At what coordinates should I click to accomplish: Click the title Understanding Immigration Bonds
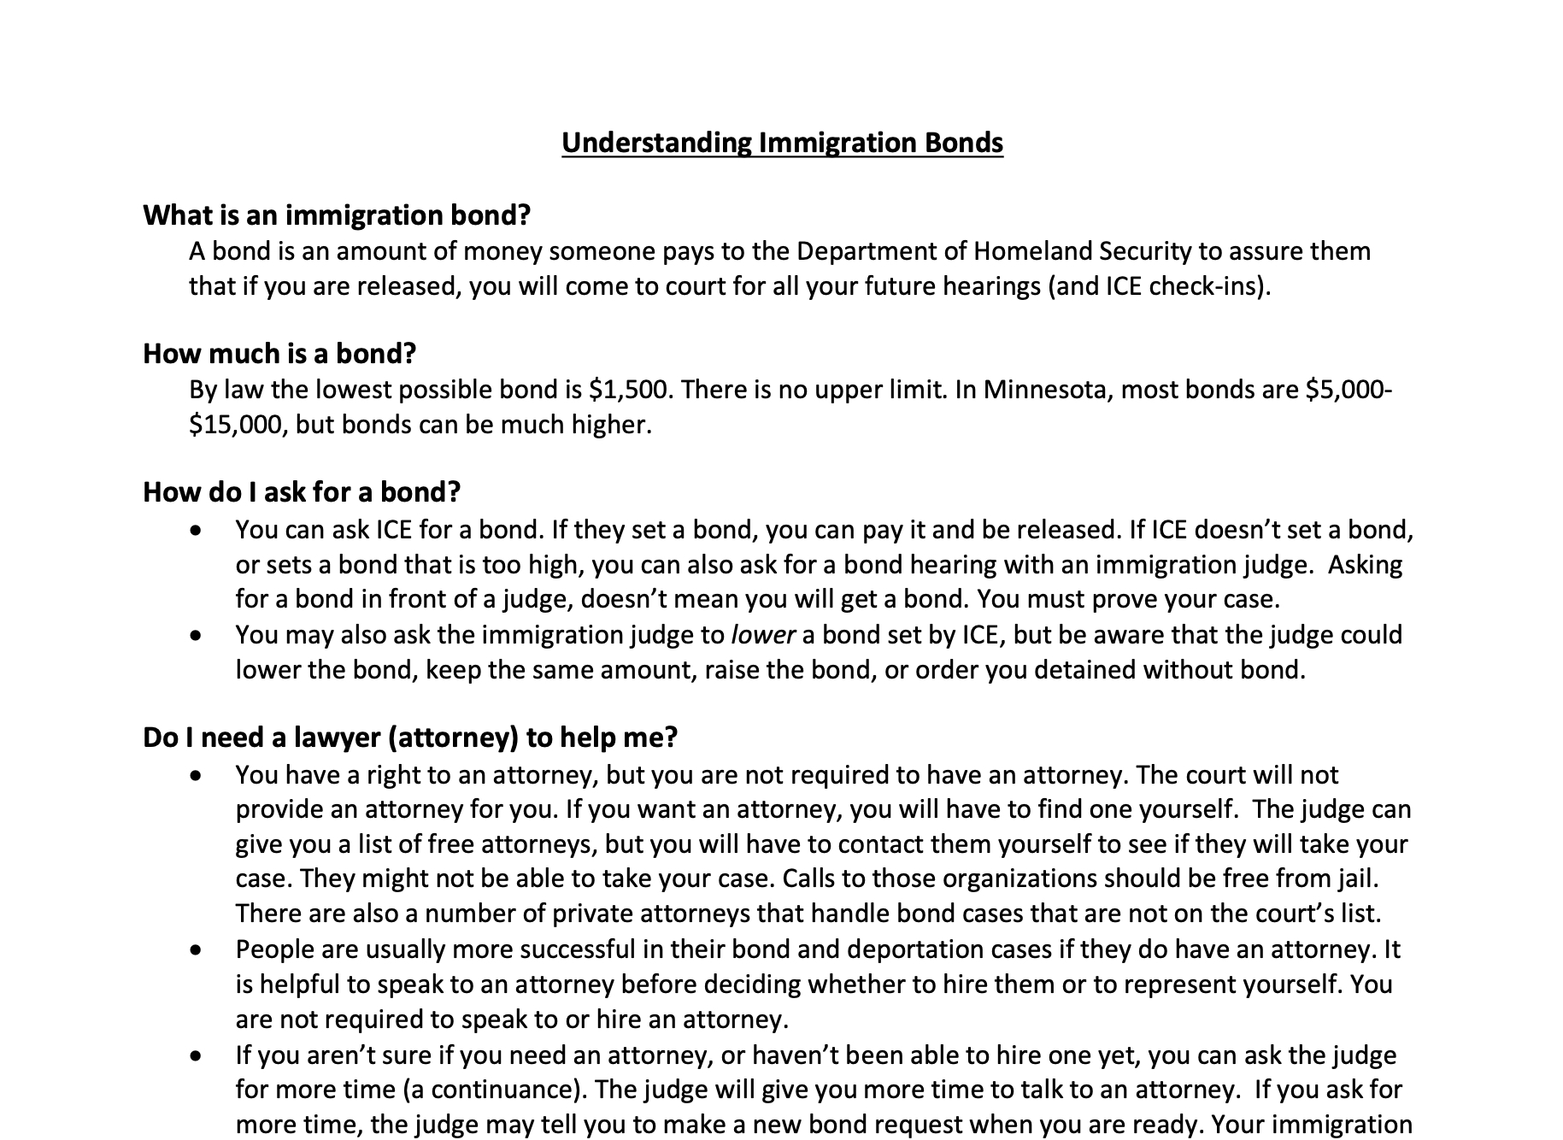[782, 142]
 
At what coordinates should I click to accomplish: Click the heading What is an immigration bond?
[337, 214]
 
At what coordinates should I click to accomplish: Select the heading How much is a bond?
[279, 353]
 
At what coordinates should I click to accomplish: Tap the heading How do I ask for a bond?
[302, 492]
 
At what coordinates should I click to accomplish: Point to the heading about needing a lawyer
[410, 737]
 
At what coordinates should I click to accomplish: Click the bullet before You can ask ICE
[197, 531]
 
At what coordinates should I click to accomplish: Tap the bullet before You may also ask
[197, 636]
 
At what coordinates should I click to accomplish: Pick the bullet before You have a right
[197, 776]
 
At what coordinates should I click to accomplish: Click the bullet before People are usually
[197, 950]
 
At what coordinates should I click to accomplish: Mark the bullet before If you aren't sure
[197, 1056]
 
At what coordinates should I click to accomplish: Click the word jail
[1357, 879]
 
